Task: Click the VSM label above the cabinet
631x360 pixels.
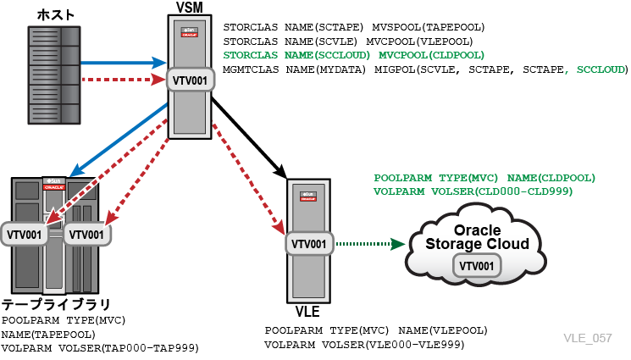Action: point(190,8)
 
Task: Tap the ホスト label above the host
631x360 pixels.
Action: point(56,15)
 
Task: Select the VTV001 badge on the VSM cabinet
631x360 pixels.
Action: point(190,80)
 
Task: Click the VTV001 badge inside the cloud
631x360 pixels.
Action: point(477,266)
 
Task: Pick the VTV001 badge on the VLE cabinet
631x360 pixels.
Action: point(309,244)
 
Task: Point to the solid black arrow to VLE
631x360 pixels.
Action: point(249,137)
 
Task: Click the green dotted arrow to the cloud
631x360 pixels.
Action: point(370,244)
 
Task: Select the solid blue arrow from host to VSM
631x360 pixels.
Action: point(124,63)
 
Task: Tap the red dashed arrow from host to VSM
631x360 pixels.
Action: point(124,80)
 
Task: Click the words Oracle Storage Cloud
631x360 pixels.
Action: point(478,237)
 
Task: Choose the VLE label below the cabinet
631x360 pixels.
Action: point(307,311)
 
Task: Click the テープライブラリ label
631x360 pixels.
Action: point(56,304)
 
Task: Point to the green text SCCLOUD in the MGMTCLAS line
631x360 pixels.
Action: point(601,69)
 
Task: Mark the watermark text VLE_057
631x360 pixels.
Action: point(588,338)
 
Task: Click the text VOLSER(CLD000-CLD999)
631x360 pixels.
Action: point(501,191)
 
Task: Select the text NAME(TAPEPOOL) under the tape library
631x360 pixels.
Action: point(48,335)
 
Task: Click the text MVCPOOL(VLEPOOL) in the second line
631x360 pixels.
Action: point(419,41)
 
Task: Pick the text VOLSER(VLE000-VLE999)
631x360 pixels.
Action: point(393,345)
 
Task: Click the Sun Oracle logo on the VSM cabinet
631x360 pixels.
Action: point(189,32)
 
